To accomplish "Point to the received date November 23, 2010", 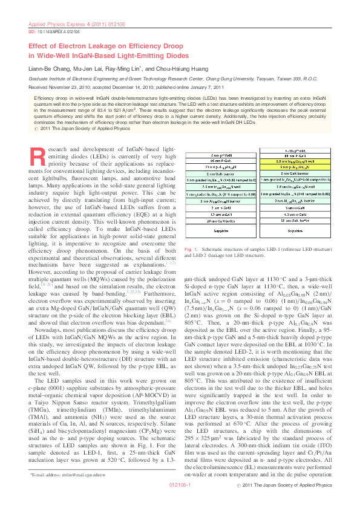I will point(72,87).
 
